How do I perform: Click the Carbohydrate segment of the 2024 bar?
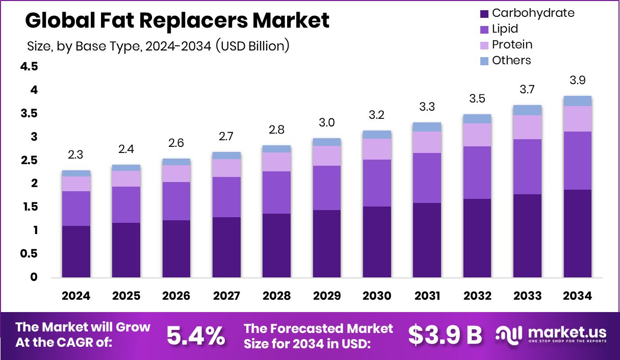[x=76, y=251]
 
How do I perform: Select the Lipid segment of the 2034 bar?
[x=578, y=160]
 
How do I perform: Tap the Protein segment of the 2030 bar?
[x=377, y=149]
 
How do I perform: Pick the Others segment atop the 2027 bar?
[x=226, y=156]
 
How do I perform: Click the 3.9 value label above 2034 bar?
[x=578, y=80]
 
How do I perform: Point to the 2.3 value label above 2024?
[x=76, y=155]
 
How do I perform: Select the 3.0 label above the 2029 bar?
[x=327, y=122]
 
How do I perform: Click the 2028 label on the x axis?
[x=276, y=296]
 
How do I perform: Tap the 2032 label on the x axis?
[x=477, y=296]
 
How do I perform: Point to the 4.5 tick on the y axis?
[x=29, y=67]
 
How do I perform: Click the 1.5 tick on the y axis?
[x=29, y=207]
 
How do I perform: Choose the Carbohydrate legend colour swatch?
[x=484, y=14]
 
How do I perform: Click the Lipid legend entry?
[x=505, y=29]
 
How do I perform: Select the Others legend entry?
[x=511, y=61]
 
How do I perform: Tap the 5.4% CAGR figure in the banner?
[x=196, y=335]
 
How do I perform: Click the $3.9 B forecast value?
[x=445, y=335]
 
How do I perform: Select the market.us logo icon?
[x=510, y=335]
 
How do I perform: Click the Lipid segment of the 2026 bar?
[x=176, y=201]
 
